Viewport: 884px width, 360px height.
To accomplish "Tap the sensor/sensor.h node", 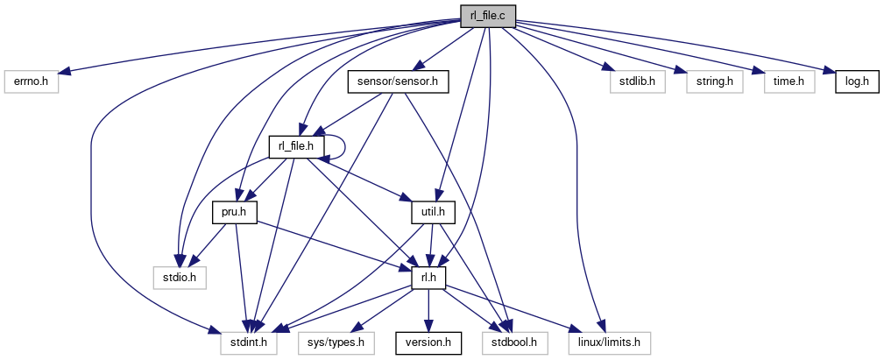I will [398, 81].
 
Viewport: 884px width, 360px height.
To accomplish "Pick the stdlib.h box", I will [636, 81].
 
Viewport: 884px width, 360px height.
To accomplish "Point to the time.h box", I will [789, 81].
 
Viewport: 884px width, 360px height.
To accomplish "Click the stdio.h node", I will [179, 278].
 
